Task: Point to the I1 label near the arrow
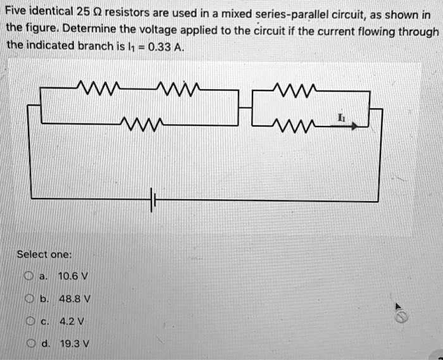click(342, 118)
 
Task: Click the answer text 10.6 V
click(70, 276)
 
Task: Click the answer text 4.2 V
click(68, 321)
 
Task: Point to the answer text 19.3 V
click(70, 343)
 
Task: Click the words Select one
click(44, 254)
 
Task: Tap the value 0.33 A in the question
click(163, 46)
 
